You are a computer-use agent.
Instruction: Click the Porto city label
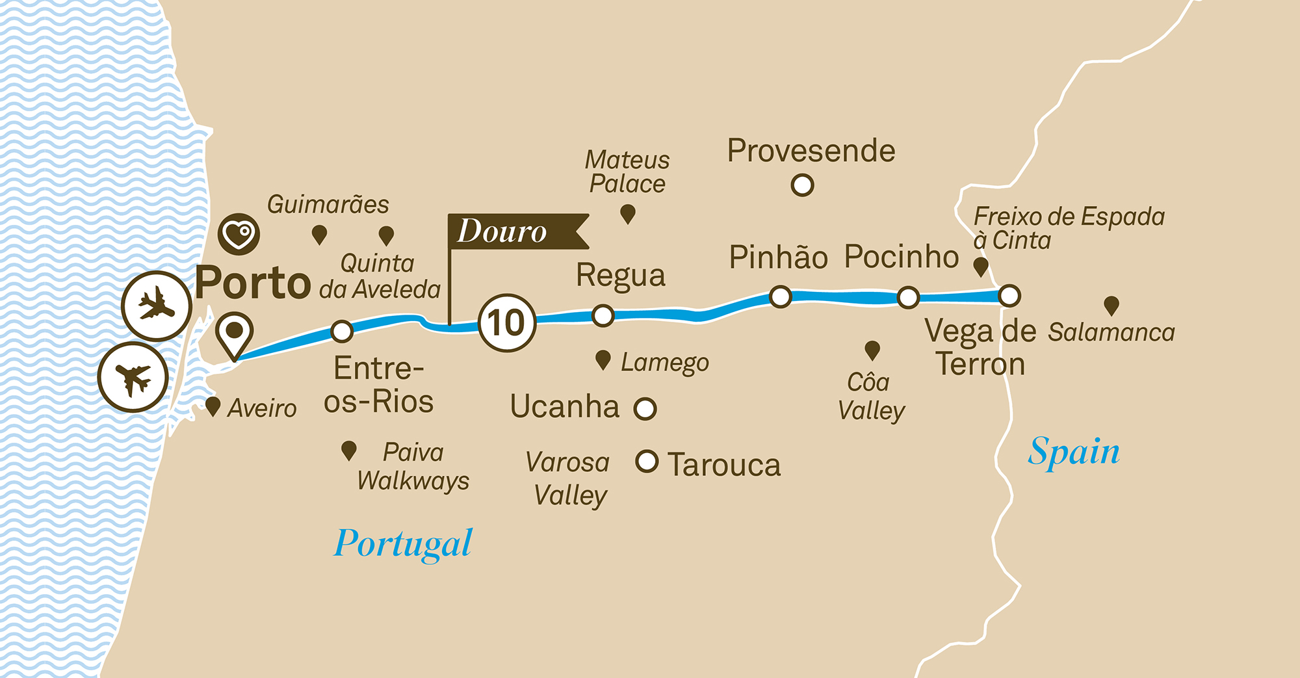click(253, 283)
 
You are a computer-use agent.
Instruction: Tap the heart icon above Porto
click(239, 233)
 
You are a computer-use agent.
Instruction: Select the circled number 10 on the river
click(507, 323)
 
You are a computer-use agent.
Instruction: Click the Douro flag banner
click(513, 231)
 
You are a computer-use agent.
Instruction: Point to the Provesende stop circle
click(802, 185)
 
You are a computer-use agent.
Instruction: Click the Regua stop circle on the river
click(603, 316)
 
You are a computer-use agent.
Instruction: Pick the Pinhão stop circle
click(780, 296)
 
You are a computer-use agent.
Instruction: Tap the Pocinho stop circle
click(908, 298)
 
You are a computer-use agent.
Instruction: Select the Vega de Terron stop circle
click(1009, 296)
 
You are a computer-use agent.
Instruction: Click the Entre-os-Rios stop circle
click(342, 331)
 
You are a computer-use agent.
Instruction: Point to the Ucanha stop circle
click(645, 409)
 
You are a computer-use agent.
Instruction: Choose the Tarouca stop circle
click(647, 462)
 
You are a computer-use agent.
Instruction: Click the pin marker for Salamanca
click(1111, 305)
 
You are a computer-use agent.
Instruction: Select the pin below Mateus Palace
click(627, 213)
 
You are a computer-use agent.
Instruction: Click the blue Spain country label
click(1074, 452)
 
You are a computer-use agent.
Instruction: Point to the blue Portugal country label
click(403, 543)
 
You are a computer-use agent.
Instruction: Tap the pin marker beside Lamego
click(603, 359)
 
